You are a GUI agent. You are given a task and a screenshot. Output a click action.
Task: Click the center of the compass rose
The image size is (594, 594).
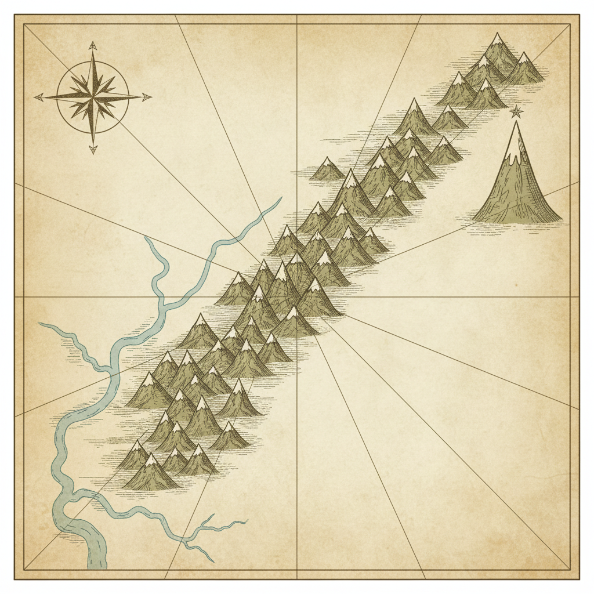coord(93,97)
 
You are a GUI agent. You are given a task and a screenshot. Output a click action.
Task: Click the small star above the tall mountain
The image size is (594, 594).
coord(516,111)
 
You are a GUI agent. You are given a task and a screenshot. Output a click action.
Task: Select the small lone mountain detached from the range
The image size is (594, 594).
coord(327,169)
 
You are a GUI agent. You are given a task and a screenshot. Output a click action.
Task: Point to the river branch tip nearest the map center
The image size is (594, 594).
coord(280,198)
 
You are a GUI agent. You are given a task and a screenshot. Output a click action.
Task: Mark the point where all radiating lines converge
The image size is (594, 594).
coord(297,297)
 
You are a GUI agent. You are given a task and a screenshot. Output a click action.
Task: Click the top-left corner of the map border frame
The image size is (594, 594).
coord(24,24)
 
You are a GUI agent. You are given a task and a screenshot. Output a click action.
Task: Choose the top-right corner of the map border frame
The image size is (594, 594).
coord(570,24)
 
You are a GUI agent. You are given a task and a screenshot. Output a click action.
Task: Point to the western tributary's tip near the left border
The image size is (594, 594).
coord(39,324)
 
